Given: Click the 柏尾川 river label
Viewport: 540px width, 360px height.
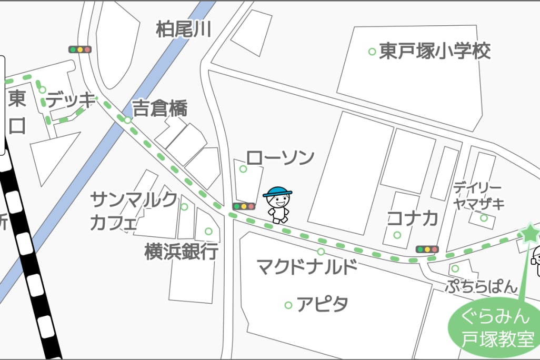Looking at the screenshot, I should (x=183, y=29).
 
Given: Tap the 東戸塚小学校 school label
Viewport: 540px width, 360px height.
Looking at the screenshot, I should (x=435, y=51).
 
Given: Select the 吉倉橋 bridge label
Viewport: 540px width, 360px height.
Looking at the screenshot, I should (x=159, y=108).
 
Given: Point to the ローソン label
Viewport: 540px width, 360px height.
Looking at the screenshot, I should (x=280, y=157).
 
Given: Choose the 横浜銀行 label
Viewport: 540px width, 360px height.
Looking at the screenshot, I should (x=182, y=252).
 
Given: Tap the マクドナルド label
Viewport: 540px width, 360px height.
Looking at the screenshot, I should (x=307, y=267).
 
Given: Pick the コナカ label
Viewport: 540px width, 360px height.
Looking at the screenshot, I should (x=413, y=218).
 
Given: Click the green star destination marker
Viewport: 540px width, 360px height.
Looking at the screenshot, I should (x=528, y=232).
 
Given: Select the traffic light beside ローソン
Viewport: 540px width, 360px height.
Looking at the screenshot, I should (x=244, y=206).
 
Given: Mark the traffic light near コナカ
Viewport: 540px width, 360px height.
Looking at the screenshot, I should (x=427, y=249).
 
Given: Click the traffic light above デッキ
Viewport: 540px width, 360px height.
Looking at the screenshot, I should (x=80, y=49).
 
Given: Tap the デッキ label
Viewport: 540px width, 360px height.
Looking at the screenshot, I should (x=70, y=100).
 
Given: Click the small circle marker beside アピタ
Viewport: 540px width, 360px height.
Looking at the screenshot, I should (x=288, y=305).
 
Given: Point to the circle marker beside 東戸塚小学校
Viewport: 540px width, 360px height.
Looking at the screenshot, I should (x=372, y=52).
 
